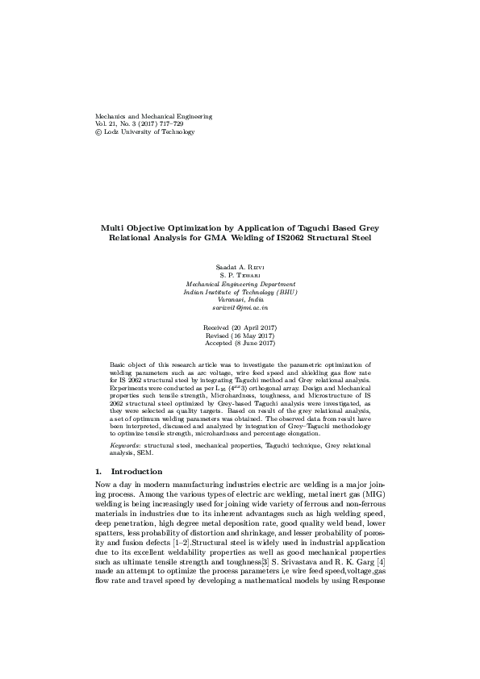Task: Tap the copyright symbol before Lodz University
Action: point(99,132)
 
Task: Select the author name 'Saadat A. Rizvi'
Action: point(240,266)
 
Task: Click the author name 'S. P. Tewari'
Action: point(240,275)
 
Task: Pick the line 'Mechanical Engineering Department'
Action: point(240,284)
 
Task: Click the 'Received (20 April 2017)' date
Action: point(240,327)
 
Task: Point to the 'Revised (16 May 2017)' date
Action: point(240,335)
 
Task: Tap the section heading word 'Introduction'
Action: point(136,471)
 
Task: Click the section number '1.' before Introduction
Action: point(99,471)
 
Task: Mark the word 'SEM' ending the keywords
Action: point(140,453)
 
